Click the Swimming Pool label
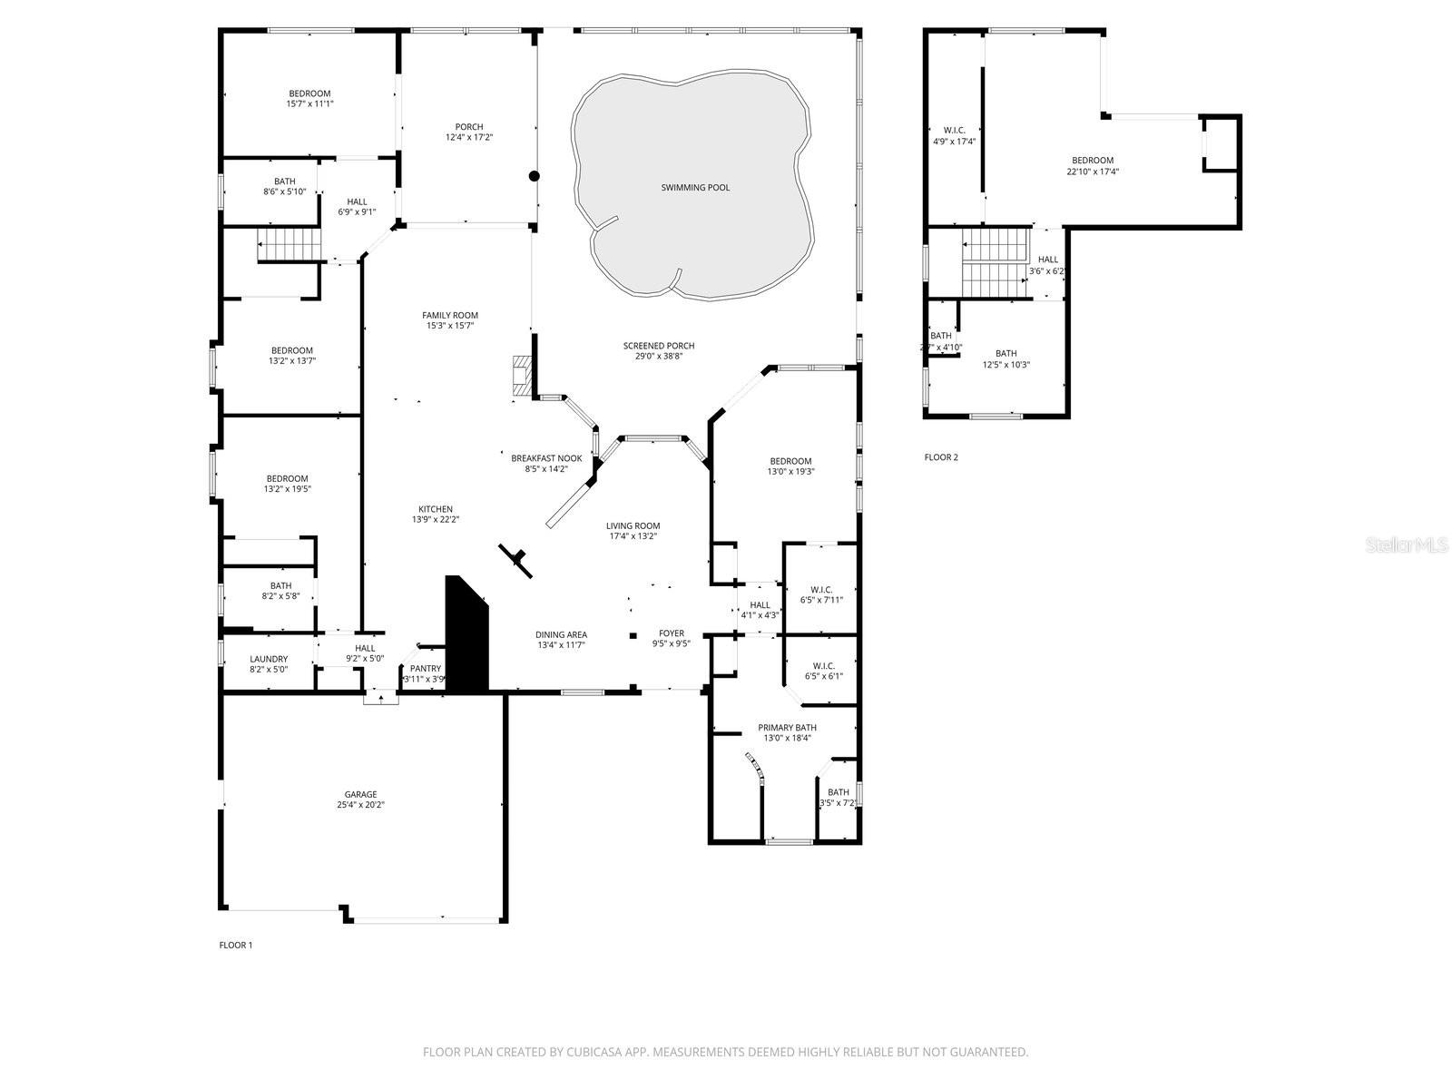click(x=695, y=188)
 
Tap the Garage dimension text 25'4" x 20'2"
click(x=360, y=805)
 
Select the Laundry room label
click(x=269, y=659)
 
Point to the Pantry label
click(x=425, y=669)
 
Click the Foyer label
click(x=672, y=633)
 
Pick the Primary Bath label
click(x=787, y=728)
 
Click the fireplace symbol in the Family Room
click(x=522, y=376)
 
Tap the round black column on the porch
click(x=535, y=176)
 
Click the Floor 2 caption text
click(x=941, y=457)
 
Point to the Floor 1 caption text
click(x=236, y=945)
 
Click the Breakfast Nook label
click(x=546, y=458)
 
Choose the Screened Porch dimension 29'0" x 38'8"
click(x=659, y=357)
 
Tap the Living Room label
click(x=633, y=526)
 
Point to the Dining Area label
click(x=561, y=634)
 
